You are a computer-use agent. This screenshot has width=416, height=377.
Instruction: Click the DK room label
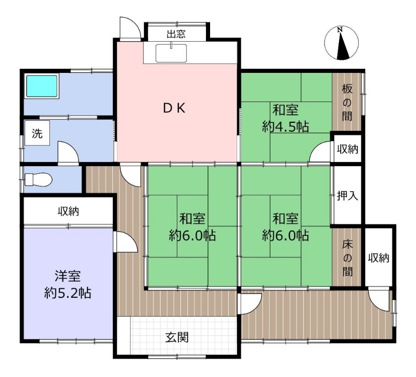(x=174, y=108)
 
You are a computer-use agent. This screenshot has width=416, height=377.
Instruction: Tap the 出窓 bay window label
(x=176, y=34)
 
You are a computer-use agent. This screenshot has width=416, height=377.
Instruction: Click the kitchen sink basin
(x=171, y=53)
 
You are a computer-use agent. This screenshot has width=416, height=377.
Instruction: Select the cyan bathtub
(x=42, y=86)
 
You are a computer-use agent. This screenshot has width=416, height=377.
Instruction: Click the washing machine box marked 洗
(x=37, y=133)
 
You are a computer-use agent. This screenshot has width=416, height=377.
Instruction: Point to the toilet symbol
(x=38, y=179)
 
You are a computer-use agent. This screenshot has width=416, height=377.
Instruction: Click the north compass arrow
(x=342, y=45)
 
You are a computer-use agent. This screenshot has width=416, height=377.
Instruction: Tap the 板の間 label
(x=347, y=102)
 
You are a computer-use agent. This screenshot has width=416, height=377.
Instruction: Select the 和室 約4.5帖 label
(x=285, y=118)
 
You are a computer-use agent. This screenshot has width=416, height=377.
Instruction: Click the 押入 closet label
(x=347, y=196)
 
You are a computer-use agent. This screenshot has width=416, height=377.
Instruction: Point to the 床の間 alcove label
(x=347, y=258)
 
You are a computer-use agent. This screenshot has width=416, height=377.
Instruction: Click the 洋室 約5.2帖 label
(x=68, y=284)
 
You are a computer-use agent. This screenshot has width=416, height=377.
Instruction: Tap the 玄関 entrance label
(x=177, y=337)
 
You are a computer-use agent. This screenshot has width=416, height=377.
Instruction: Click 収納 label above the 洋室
(x=69, y=211)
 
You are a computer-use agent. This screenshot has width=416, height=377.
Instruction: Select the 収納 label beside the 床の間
(x=379, y=258)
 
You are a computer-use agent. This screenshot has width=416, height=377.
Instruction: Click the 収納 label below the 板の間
(x=347, y=149)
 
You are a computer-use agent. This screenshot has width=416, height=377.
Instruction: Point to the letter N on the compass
(x=340, y=30)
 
